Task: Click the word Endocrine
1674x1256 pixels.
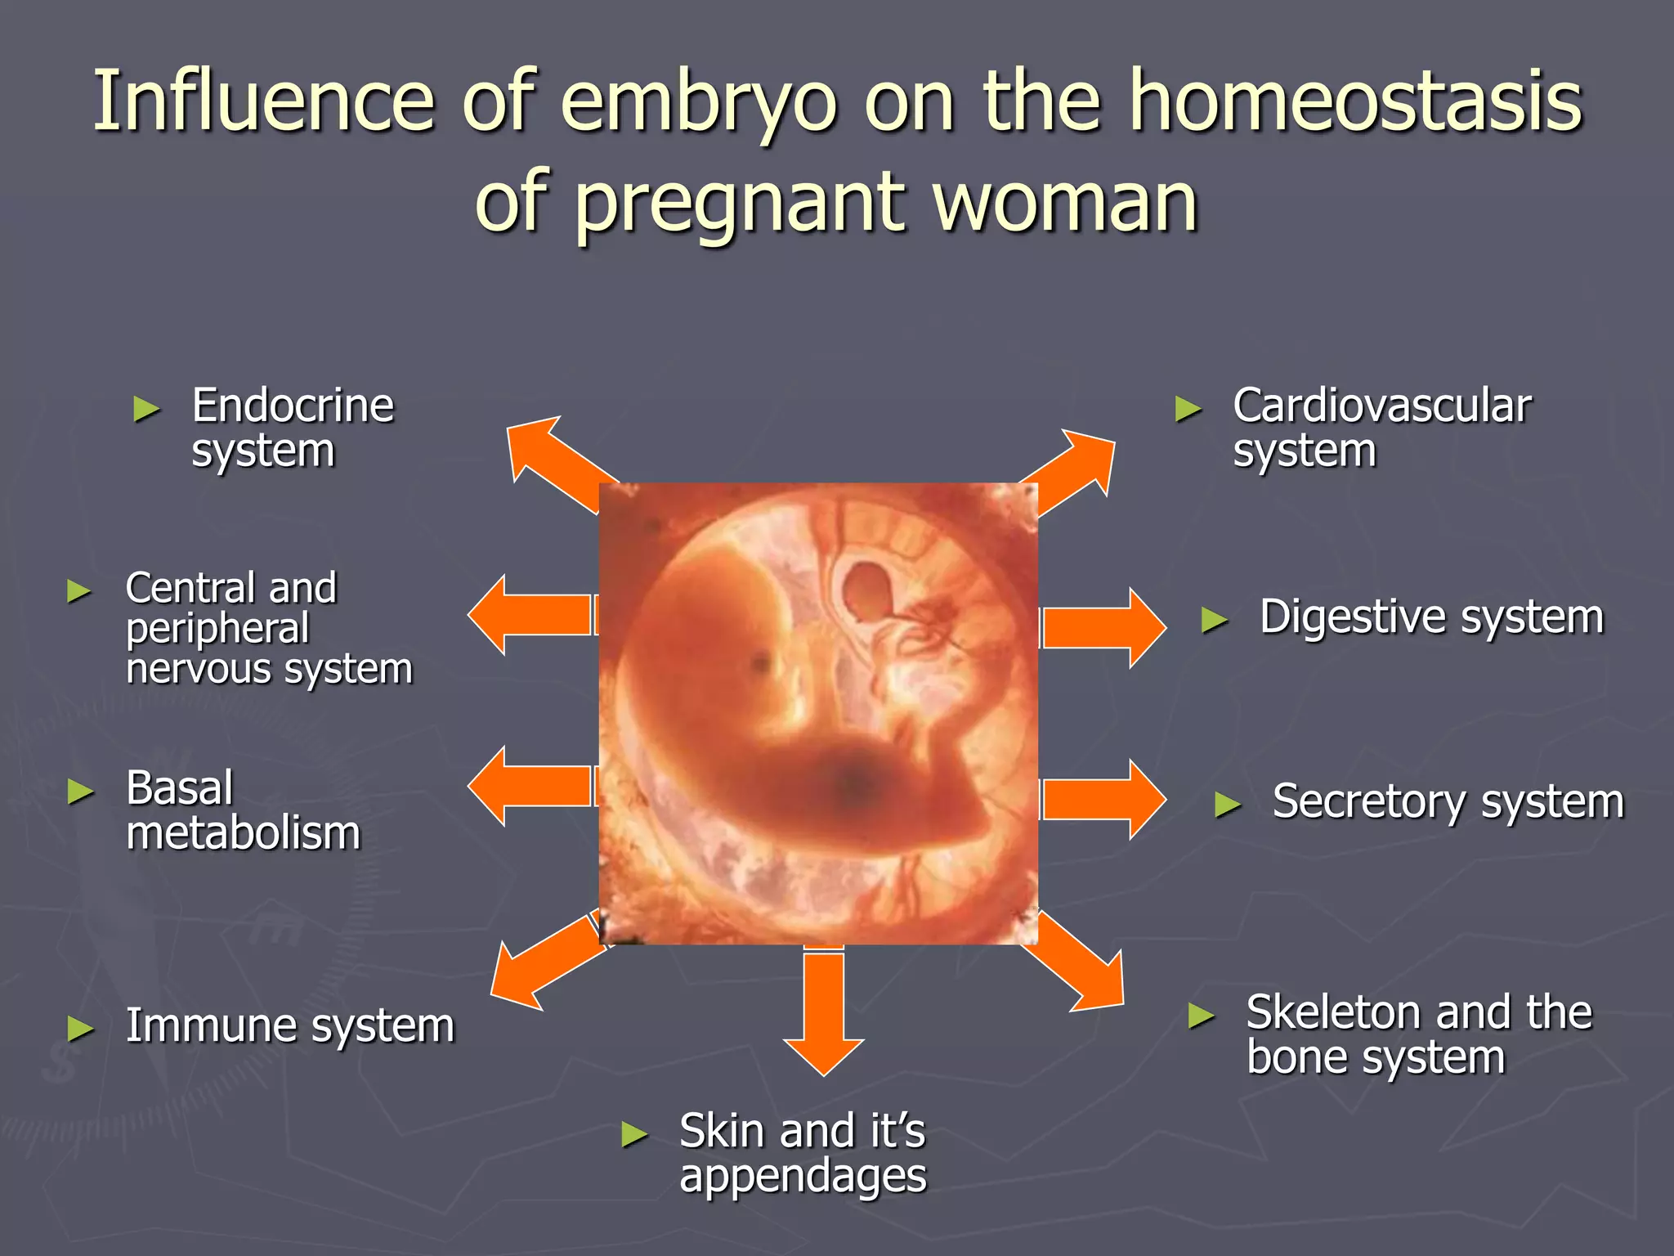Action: (293, 406)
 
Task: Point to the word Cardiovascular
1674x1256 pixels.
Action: (1381, 406)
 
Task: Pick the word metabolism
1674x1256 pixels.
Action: (244, 834)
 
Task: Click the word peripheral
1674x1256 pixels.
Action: (217, 628)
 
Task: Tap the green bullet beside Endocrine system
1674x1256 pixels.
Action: (146, 408)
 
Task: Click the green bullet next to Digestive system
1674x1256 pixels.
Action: (1215, 621)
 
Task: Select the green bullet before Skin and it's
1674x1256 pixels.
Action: (634, 1134)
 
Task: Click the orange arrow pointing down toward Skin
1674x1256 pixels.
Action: (823, 1014)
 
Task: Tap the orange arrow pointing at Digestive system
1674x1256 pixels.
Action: (1103, 628)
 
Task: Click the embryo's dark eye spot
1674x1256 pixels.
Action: (762, 661)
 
